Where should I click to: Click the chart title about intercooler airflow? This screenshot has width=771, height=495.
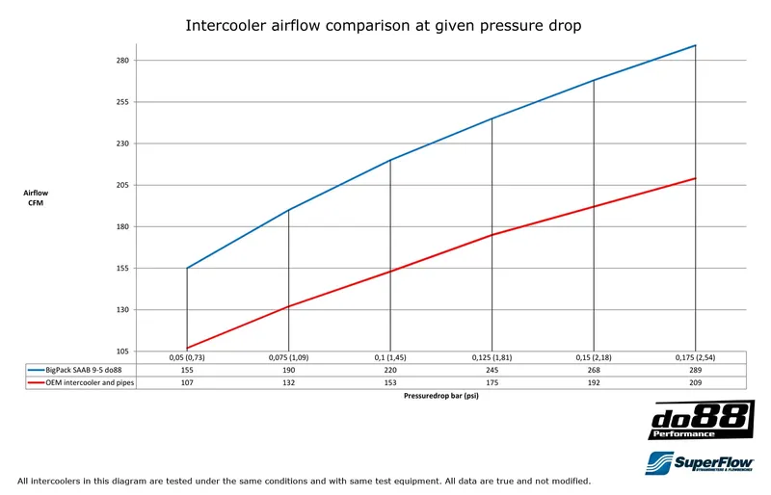tap(383, 26)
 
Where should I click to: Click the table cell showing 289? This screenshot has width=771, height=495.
tap(695, 370)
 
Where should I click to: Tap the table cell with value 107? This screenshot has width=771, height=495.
tap(187, 382)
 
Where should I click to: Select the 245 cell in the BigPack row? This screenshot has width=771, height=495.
tap(492, 370)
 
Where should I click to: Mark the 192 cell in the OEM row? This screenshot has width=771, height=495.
tap(593, 382)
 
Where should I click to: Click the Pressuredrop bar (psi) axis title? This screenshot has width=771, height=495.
tap(441, 396)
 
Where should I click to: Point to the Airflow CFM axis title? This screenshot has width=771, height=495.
tap(36, 197)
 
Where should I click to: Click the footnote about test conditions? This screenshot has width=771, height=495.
tap(304, 481)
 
